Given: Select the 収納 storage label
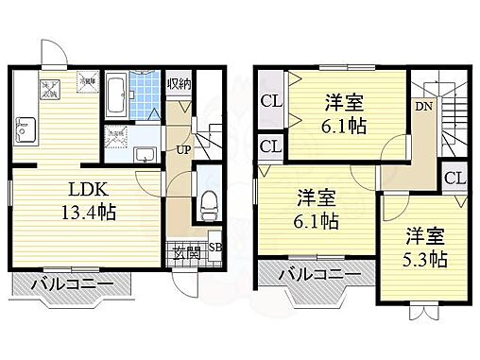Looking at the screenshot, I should click(180, 83).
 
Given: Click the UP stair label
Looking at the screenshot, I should click(180, 149).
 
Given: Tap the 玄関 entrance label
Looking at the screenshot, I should click(184, 251).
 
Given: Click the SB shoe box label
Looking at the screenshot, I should click(214, 249).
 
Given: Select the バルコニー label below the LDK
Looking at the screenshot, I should click(70, 283).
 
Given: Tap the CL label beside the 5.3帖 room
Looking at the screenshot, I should click(454, 179).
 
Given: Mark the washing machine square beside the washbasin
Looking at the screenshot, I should click(117, 135).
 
